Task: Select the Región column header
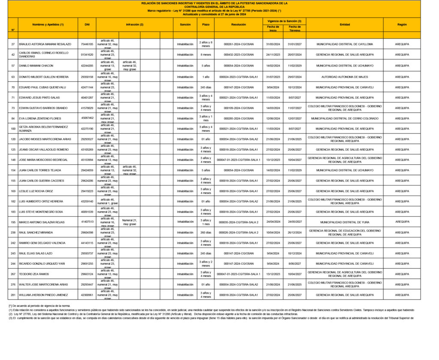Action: click(x=402, y=25)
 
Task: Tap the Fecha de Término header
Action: click(x=295, y=28)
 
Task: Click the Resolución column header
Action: click(x=238, y=25)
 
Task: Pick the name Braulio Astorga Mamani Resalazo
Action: click(x=45, y=44)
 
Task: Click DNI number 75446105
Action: click(x=87, y=44)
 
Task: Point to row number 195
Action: click(x=13, y=222)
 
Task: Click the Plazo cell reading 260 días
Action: click(x=206, y=232)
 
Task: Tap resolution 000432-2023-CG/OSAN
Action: click(x=238, y=54)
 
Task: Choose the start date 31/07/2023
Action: click(x=273, y=77)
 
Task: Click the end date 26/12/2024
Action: click(x=295, y=232)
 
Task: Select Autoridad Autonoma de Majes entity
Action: click(x=345, y=77)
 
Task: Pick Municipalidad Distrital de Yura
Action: click(x=345, y=222)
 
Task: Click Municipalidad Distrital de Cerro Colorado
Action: click(x=345, y=118)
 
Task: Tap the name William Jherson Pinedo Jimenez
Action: click(x=44, y=295)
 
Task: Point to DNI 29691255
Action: click(x=87, y=263)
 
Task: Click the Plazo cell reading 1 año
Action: click(x=206, y=77)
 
